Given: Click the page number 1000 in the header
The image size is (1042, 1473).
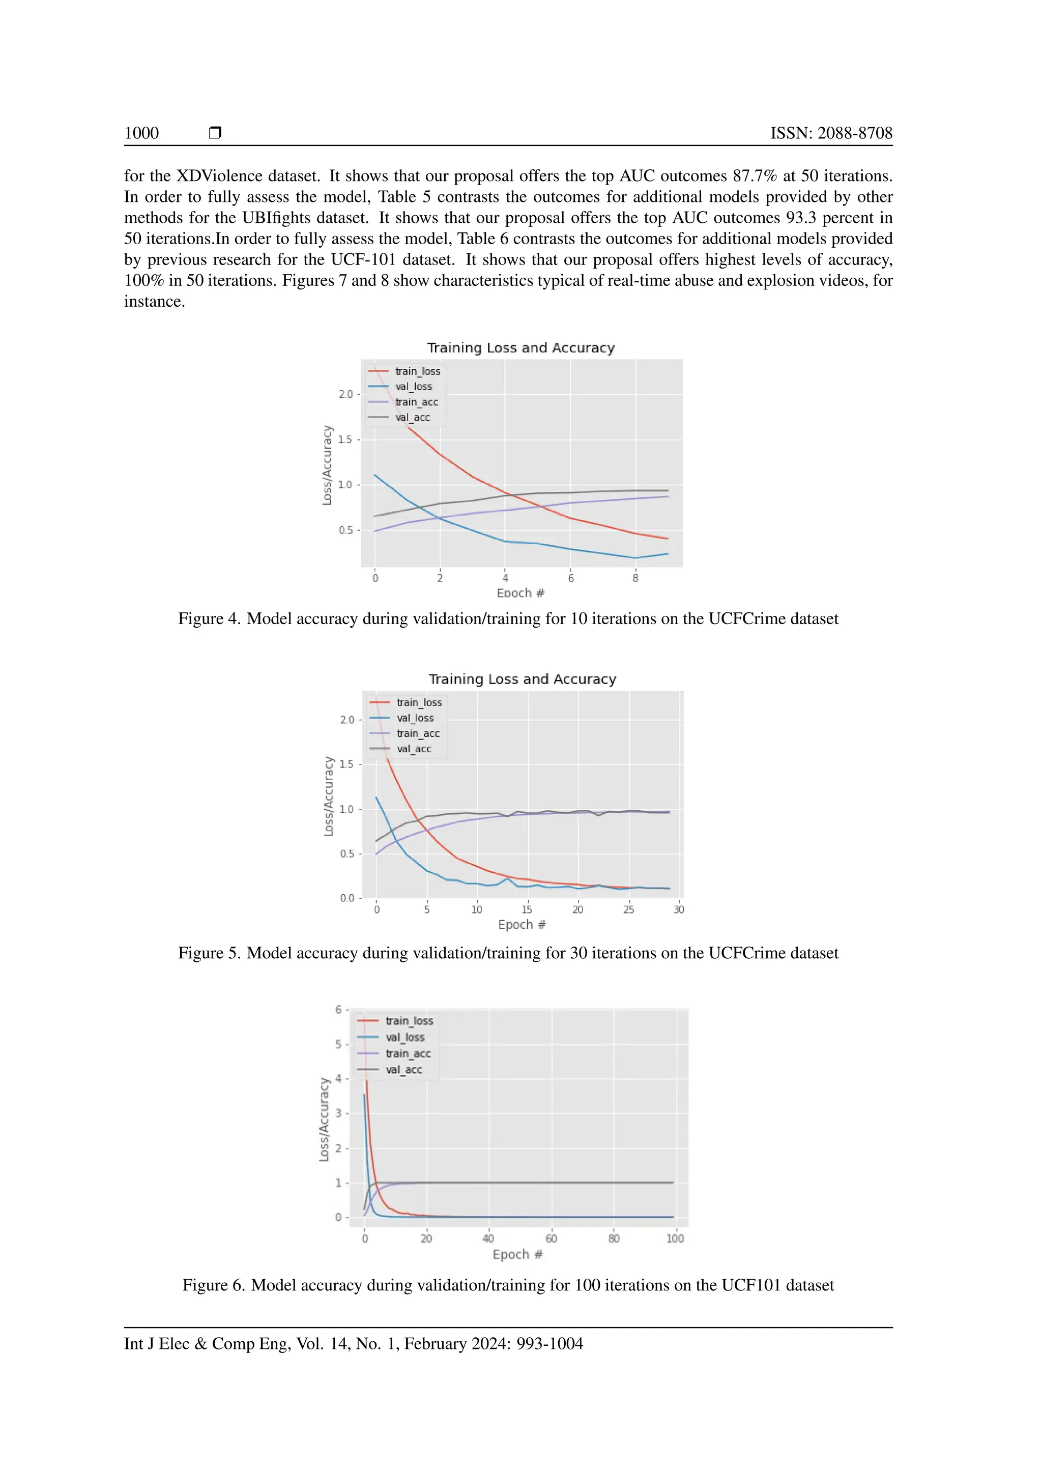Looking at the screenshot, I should point(141,133).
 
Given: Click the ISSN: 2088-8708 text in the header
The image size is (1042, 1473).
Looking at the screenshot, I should point(831,133).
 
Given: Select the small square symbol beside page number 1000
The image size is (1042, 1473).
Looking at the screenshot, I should point(215,133).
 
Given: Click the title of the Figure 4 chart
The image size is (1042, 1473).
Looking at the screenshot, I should point(520,348).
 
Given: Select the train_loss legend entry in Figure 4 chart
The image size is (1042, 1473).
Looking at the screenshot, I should point(417,371).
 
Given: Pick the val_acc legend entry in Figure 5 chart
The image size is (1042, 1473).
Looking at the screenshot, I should point(413,749).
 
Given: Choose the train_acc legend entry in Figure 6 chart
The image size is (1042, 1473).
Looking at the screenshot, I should point(408,1053).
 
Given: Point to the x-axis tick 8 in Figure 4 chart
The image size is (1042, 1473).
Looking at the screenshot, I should point(635,578).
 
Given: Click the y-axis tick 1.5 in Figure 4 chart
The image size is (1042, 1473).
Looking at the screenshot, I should point(345,439).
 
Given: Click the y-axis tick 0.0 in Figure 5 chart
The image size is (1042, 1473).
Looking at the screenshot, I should point(346,898).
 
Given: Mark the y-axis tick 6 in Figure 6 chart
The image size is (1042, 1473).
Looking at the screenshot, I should point(338,1010).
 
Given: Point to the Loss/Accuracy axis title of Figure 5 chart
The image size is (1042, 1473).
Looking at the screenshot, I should point(329,796).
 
